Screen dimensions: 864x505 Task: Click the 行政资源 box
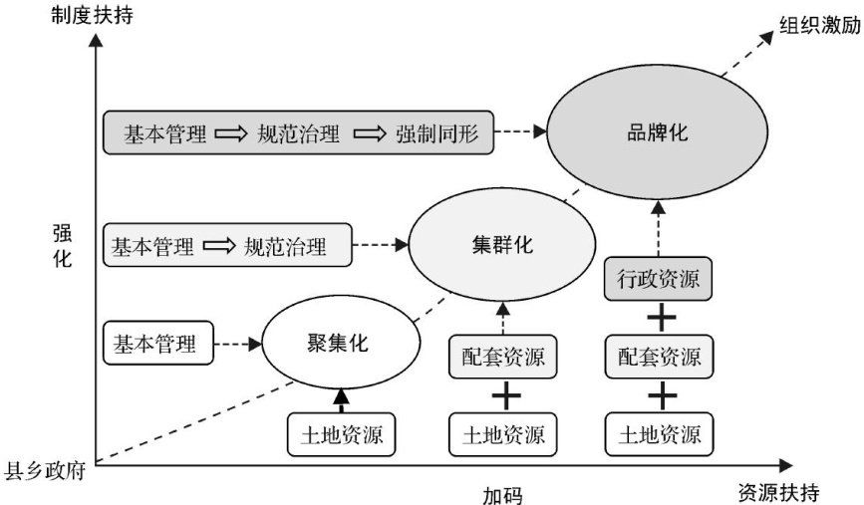(x=658, y=279)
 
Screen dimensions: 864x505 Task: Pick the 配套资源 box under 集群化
(x=502, y=357)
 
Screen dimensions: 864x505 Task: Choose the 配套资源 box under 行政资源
(x=659, y=357)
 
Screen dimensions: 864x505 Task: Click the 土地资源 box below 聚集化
(x=341, y=434)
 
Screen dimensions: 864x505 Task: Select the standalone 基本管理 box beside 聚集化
(x=158, y=343)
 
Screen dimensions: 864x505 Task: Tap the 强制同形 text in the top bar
(x=436, y=133)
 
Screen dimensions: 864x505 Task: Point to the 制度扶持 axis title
(x=92, y=14)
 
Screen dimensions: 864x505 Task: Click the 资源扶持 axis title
(x=778, y=492)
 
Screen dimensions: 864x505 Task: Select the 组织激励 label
(x=820, y=25)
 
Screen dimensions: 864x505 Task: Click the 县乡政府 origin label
(x=45, y=471)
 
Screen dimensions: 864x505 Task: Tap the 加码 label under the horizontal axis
(x=502, y=495)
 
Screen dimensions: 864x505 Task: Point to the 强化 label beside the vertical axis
(x=62, y=246)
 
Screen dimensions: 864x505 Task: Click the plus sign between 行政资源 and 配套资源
(x=662, y=318)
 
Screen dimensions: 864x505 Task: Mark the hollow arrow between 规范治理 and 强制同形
(x=369, y=133)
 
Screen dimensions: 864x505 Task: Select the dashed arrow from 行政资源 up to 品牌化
(x=659, y=228)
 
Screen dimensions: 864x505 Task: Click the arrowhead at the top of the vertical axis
(x=96, y=40)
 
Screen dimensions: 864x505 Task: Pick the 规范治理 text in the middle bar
(x=285, y=246)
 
